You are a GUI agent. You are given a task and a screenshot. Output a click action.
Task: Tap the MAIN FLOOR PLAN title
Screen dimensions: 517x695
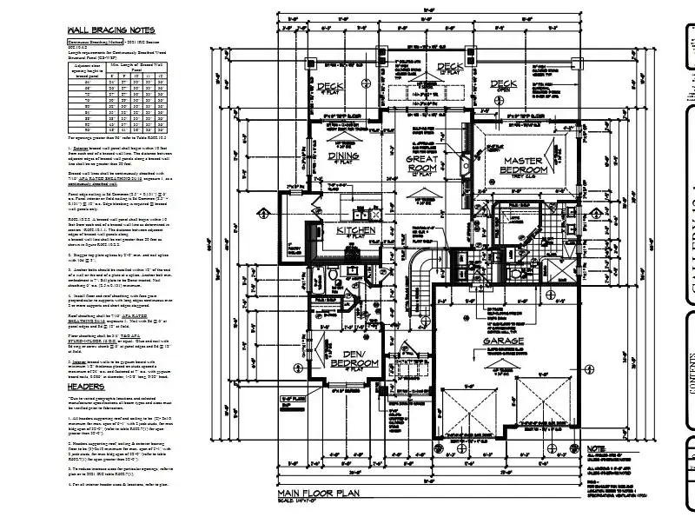320,493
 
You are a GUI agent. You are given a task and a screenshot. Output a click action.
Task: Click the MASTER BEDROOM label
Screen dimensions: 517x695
522,166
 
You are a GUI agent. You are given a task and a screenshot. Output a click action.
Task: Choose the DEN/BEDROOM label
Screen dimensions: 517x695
352,358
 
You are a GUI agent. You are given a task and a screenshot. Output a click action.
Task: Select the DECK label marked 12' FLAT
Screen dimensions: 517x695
450,67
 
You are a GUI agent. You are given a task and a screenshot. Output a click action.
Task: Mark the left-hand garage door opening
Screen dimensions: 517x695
471,409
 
